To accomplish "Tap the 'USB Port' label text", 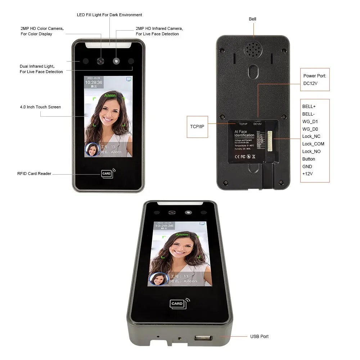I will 259,337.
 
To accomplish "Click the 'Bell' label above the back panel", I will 252,19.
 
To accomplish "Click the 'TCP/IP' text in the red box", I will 197,127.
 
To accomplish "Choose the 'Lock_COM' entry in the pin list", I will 313,144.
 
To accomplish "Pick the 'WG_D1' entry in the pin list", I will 310,121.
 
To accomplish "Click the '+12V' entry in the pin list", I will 307,174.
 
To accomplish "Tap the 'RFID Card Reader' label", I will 34,174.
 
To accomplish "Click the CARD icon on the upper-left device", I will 107,174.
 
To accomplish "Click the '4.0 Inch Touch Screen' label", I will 40,107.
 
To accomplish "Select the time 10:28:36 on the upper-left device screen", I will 94,82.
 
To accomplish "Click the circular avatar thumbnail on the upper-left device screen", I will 92,149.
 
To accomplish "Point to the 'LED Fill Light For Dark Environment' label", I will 109,15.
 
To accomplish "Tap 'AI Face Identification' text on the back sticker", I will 244,134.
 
